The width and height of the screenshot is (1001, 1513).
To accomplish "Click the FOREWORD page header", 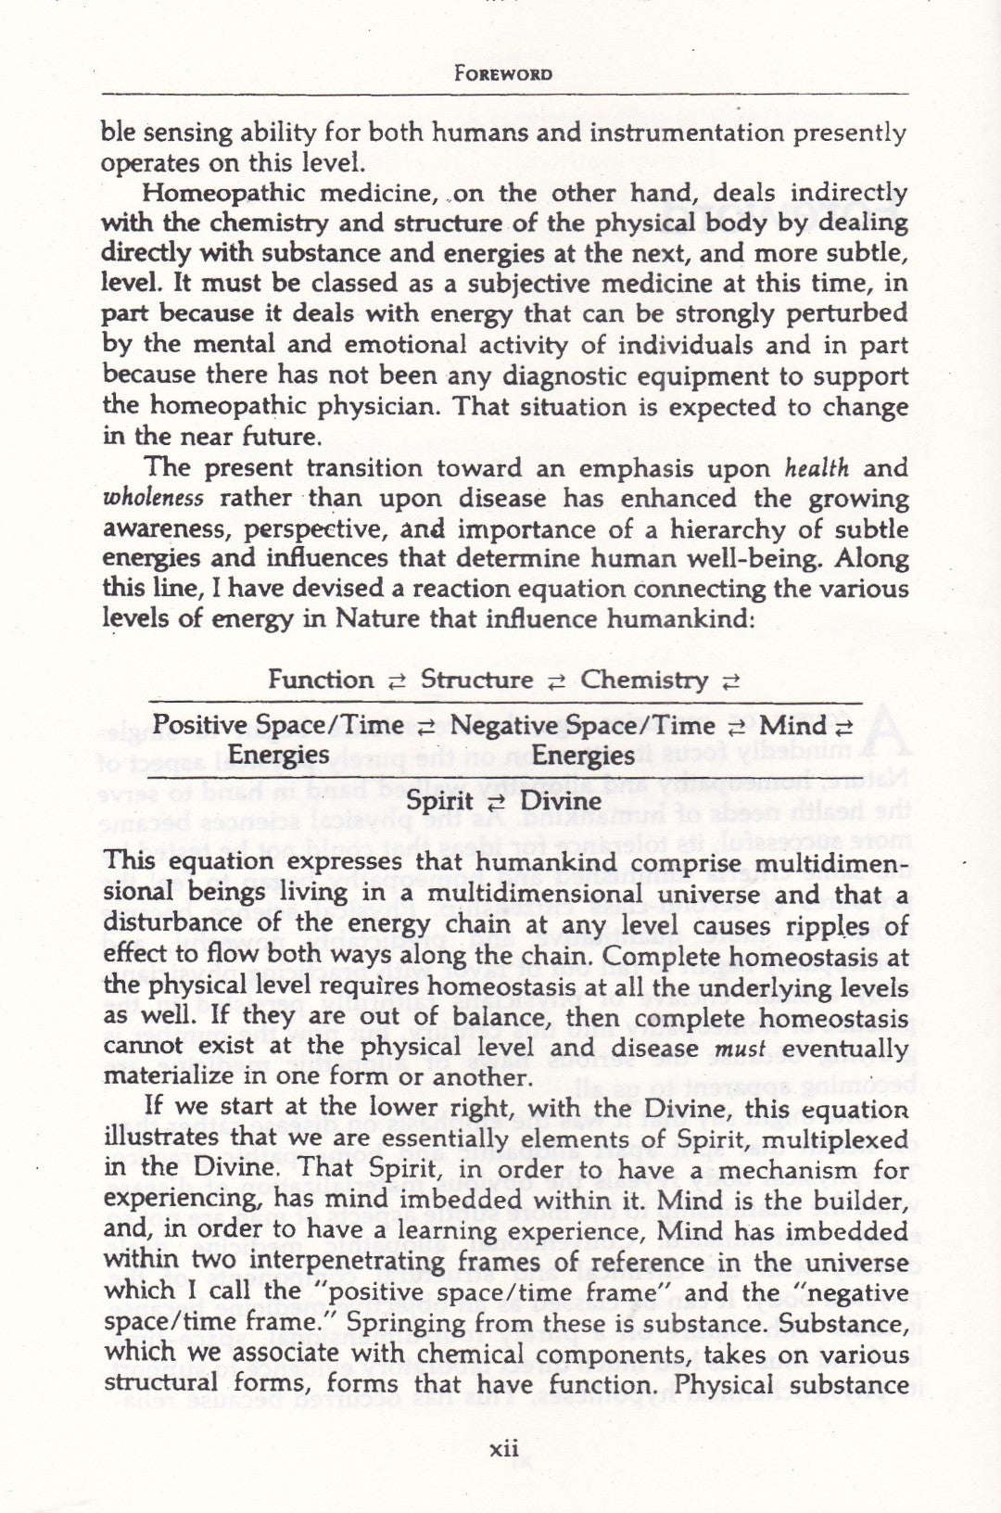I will [504, 73].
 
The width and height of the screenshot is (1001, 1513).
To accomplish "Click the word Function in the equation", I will [321, 680].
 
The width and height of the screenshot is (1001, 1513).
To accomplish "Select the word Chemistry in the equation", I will [644, 680].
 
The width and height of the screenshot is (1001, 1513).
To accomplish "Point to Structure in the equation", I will [477, 680].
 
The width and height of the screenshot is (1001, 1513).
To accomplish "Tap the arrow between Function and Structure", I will [397, 681].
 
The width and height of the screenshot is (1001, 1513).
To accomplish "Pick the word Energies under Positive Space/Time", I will [279, 756].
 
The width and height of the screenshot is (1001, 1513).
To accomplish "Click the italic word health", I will [816, 468].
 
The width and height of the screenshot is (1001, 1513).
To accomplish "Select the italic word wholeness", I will [153, 499].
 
